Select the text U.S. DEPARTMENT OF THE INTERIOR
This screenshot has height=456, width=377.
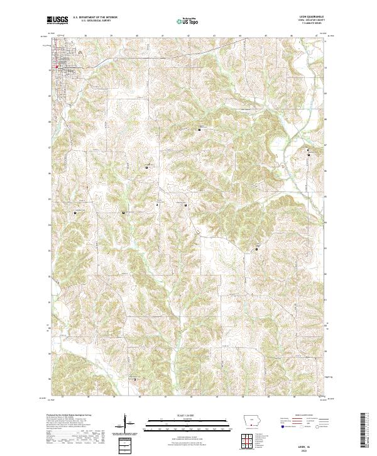point(95,18)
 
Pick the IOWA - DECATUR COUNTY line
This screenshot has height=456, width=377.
point(315,21)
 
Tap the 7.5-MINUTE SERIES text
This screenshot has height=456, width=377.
point(316,24)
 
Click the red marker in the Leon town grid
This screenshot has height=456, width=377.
point(58,65)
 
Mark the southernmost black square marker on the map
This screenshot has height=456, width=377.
point(134,379)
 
